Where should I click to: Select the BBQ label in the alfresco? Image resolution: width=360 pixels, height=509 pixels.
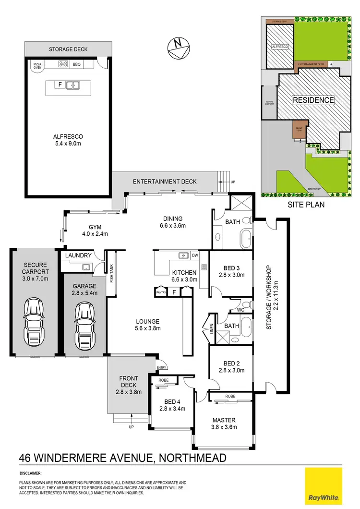[77, 63]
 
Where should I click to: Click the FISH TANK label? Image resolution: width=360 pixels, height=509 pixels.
[110, 274]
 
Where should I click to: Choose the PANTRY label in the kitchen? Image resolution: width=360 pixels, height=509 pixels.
[160, 291]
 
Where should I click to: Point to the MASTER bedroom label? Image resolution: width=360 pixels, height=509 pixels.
[224, 420]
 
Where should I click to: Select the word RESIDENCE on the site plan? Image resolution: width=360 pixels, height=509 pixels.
[313, 100]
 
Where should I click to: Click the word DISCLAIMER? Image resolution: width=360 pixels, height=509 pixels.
[30, 473]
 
